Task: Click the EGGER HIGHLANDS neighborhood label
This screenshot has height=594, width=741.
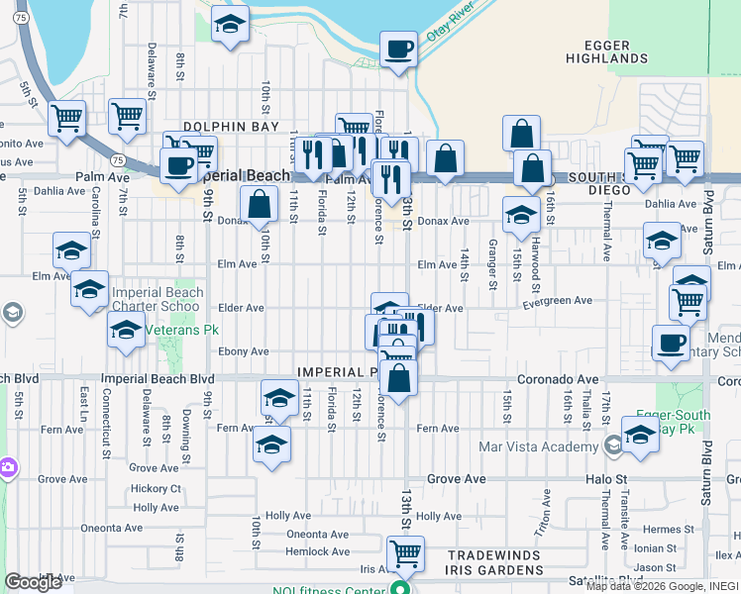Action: pos(606,51)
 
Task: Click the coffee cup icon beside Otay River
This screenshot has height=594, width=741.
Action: pos(398,49)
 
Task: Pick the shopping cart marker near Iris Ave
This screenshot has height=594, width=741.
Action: pos(403,554)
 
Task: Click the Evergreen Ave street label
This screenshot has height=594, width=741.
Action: pos(558,300)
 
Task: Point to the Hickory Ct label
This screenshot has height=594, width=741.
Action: pos(159,488)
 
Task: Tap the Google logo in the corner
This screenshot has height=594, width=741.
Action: pos(33,582)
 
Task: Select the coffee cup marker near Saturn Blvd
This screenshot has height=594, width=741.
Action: pos(671,344)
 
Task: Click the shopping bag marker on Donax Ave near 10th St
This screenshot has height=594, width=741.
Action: pos(259,205)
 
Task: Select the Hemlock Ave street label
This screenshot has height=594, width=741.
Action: pos(318,551)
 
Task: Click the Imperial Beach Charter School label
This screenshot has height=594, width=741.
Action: pos(158,299)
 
